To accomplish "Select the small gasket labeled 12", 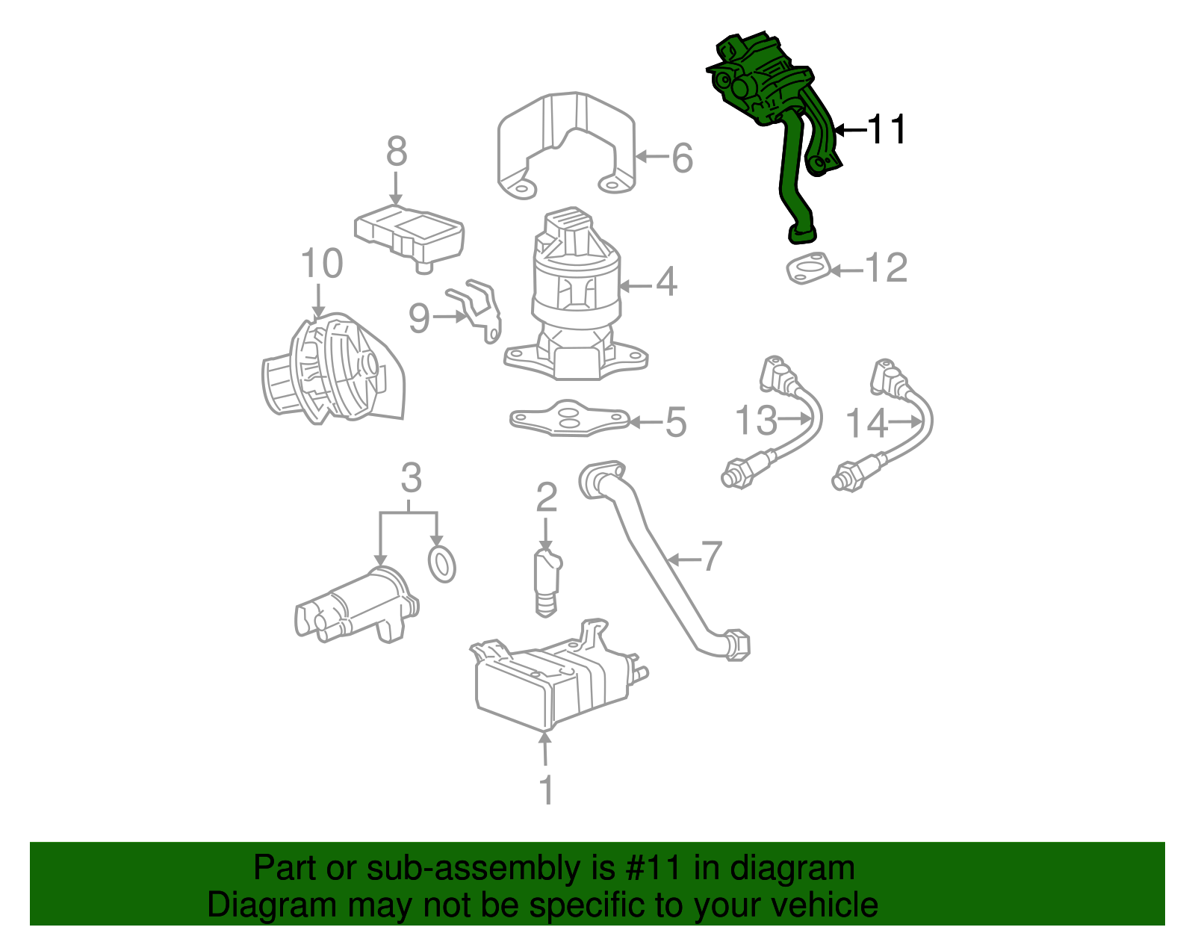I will click(808, 270).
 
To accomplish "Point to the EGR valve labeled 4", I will click(575, 299).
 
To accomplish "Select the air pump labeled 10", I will click(332, 370).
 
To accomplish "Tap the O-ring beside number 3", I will click(442, 564).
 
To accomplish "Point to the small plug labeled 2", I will click(547, 583).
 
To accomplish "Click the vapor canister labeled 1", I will click(553, 680).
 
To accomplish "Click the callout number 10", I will click(321, 264).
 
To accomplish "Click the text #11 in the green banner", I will click(650, 868).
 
